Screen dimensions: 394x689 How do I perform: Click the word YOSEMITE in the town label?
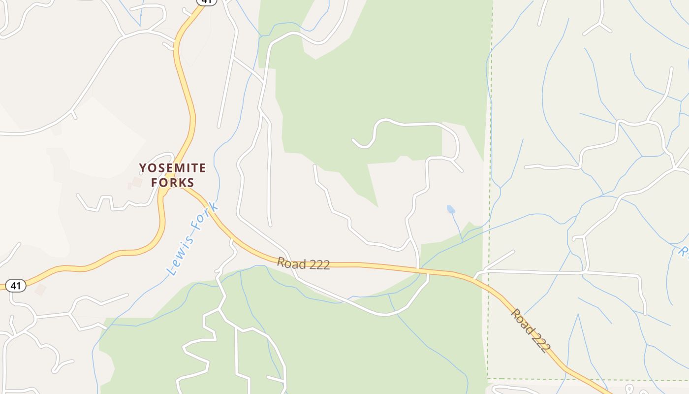[x=172, y=168]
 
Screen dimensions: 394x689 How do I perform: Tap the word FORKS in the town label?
[x=172, y=183]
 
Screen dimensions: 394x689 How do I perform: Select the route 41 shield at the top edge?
[x=206, y=1]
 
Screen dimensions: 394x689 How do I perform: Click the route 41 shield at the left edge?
[x=15, y=285]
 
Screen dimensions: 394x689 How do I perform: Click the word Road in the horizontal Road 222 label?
[x=287, y=263]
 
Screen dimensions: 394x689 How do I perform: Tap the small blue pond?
[x=451, y=209]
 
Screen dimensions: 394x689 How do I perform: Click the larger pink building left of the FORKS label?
[x=137, y=182]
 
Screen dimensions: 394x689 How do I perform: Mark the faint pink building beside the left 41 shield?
[x=40, y=290]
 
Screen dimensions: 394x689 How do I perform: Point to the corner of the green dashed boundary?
[x=488, y=379]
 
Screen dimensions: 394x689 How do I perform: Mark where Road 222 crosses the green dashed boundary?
[x=489, y=285]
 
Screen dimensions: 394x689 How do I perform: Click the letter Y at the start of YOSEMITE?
[x=143, y=168]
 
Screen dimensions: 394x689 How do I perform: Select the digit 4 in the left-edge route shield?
[x=13, y=285]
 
